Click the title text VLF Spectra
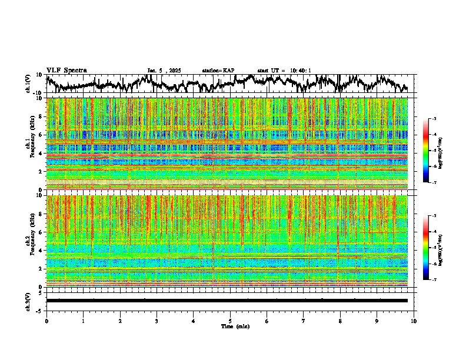(x=66, y=71)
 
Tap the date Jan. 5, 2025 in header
(x=164, y=71)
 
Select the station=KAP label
(x=218, y=71)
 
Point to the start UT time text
(x=284, y=71)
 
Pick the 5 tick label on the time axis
(x=230, y=321)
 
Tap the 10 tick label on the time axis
(x=414, y=321)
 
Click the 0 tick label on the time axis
(x=46, y=321)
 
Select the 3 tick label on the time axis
(x=157, y=321)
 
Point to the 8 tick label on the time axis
(x=340, y=321)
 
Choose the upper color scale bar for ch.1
(x=432, y=151)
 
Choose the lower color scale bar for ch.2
(x=432, y=248)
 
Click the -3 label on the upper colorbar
(x=441, y=119)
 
